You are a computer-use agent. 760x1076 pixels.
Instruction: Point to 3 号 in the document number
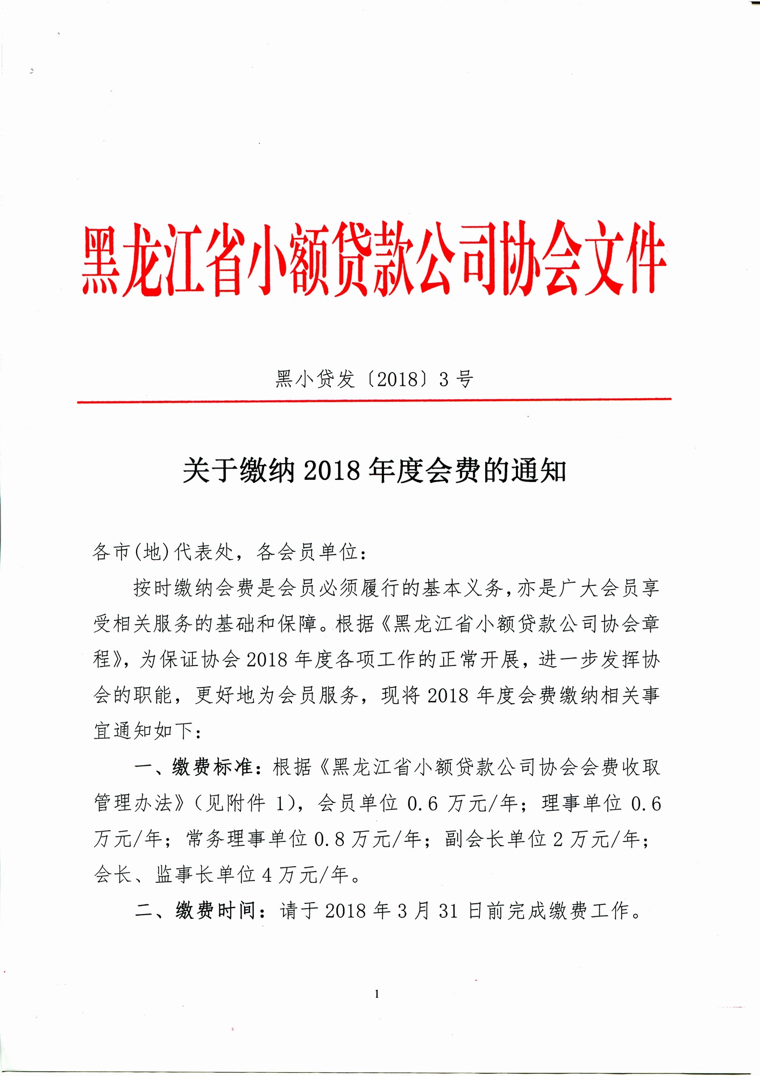tap(456, 380)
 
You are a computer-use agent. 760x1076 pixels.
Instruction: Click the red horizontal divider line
tap(374, 400)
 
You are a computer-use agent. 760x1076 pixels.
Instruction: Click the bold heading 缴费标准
tap(212, 767)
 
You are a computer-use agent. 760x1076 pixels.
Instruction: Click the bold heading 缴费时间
tap(216, 911)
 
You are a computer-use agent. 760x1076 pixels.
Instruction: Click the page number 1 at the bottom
tap(377, 994)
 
